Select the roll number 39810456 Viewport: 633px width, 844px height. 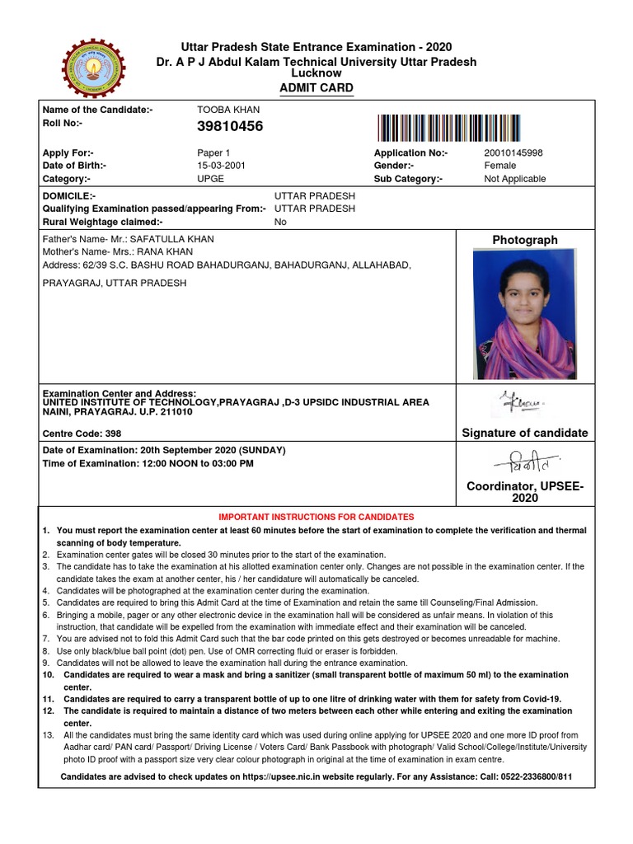[230, 126]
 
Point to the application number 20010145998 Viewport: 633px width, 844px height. [513, 153]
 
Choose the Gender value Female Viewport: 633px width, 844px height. [500, 166]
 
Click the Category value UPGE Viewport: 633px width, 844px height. [210, 179]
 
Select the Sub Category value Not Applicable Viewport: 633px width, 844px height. [514, 179]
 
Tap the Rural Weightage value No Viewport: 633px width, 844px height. [280, 222]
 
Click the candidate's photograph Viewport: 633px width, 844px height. [524, 314]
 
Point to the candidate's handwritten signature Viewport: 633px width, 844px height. [523, 403]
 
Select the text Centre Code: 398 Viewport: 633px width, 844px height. [82, 434]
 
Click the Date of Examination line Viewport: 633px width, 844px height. [164, 451]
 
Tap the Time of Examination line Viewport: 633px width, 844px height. [148, 464]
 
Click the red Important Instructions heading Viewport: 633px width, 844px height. [316, 517]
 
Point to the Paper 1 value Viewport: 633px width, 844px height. [213, 153]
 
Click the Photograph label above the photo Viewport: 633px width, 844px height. [524, 240]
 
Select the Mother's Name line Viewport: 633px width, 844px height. [118, 252]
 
